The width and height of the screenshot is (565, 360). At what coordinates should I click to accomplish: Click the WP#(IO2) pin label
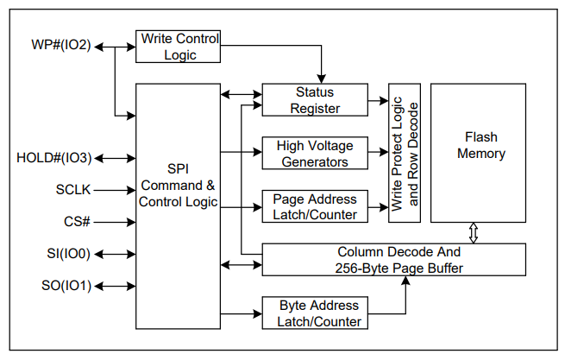[x=60, y=46]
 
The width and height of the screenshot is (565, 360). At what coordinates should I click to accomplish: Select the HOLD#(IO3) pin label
[x=53, y=158]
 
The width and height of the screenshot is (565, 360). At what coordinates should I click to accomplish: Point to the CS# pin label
[x=77, y=222]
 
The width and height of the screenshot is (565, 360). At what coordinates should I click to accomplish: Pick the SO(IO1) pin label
[x=66, y=286]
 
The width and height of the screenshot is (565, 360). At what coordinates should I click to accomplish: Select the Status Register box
[x=314, y=100]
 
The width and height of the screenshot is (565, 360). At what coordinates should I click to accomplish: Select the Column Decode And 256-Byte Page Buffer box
[x=392, y=260]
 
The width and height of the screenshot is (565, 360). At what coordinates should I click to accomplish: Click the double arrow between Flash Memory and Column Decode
[x=472, y=232]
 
